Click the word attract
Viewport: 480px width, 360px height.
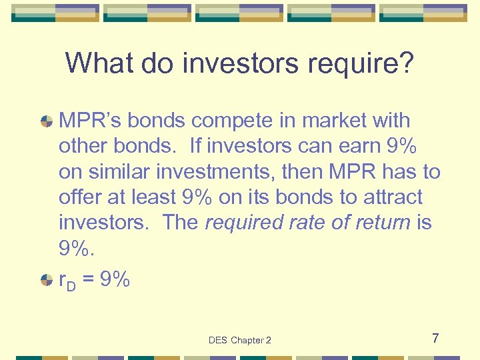(x=391, y=197)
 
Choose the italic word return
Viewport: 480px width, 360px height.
(x=377, y=222)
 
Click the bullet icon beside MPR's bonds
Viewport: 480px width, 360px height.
(x=47, y=121)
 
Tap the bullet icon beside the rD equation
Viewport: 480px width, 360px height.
(x=47, y=280)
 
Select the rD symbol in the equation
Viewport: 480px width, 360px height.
(x=67, y=281)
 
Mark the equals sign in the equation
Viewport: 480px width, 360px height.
(x=88, y=281)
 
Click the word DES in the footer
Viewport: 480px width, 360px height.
(x=218, y=341)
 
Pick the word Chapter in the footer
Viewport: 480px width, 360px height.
(x=247, y=341)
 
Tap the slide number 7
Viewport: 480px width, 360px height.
(x=435, y=339)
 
